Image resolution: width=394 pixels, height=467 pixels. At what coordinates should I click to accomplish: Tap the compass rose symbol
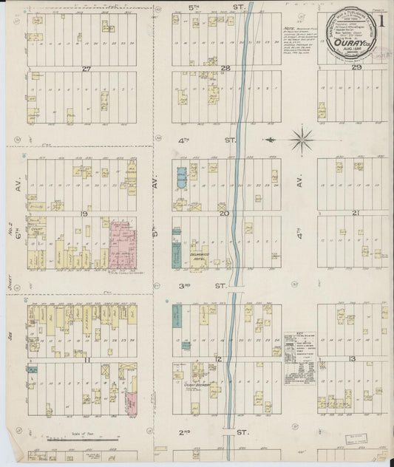pyautogui.click(x=302, y=138)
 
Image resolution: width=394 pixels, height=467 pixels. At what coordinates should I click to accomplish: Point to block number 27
pyautogui.click(x=86, y=69)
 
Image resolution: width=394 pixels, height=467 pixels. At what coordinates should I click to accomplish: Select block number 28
pyautogui.click(x=225, y=69)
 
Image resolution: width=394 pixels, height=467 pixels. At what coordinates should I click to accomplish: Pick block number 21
pyautogui.click(x=356, y=213)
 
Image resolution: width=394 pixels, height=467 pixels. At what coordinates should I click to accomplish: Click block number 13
pyautogui.click(x=353, y=359)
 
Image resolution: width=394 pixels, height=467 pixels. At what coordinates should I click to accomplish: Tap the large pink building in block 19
pyautogui.click(x=122, y=243)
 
